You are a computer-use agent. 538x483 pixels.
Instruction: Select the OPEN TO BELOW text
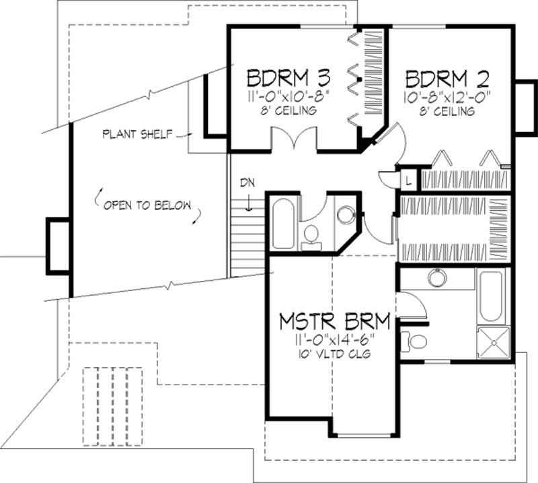[147, 205]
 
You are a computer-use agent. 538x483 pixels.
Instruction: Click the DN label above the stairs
[248, 183]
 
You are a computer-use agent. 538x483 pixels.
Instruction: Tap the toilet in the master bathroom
[413, 341]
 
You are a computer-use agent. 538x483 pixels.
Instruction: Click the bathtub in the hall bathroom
[283, 222]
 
